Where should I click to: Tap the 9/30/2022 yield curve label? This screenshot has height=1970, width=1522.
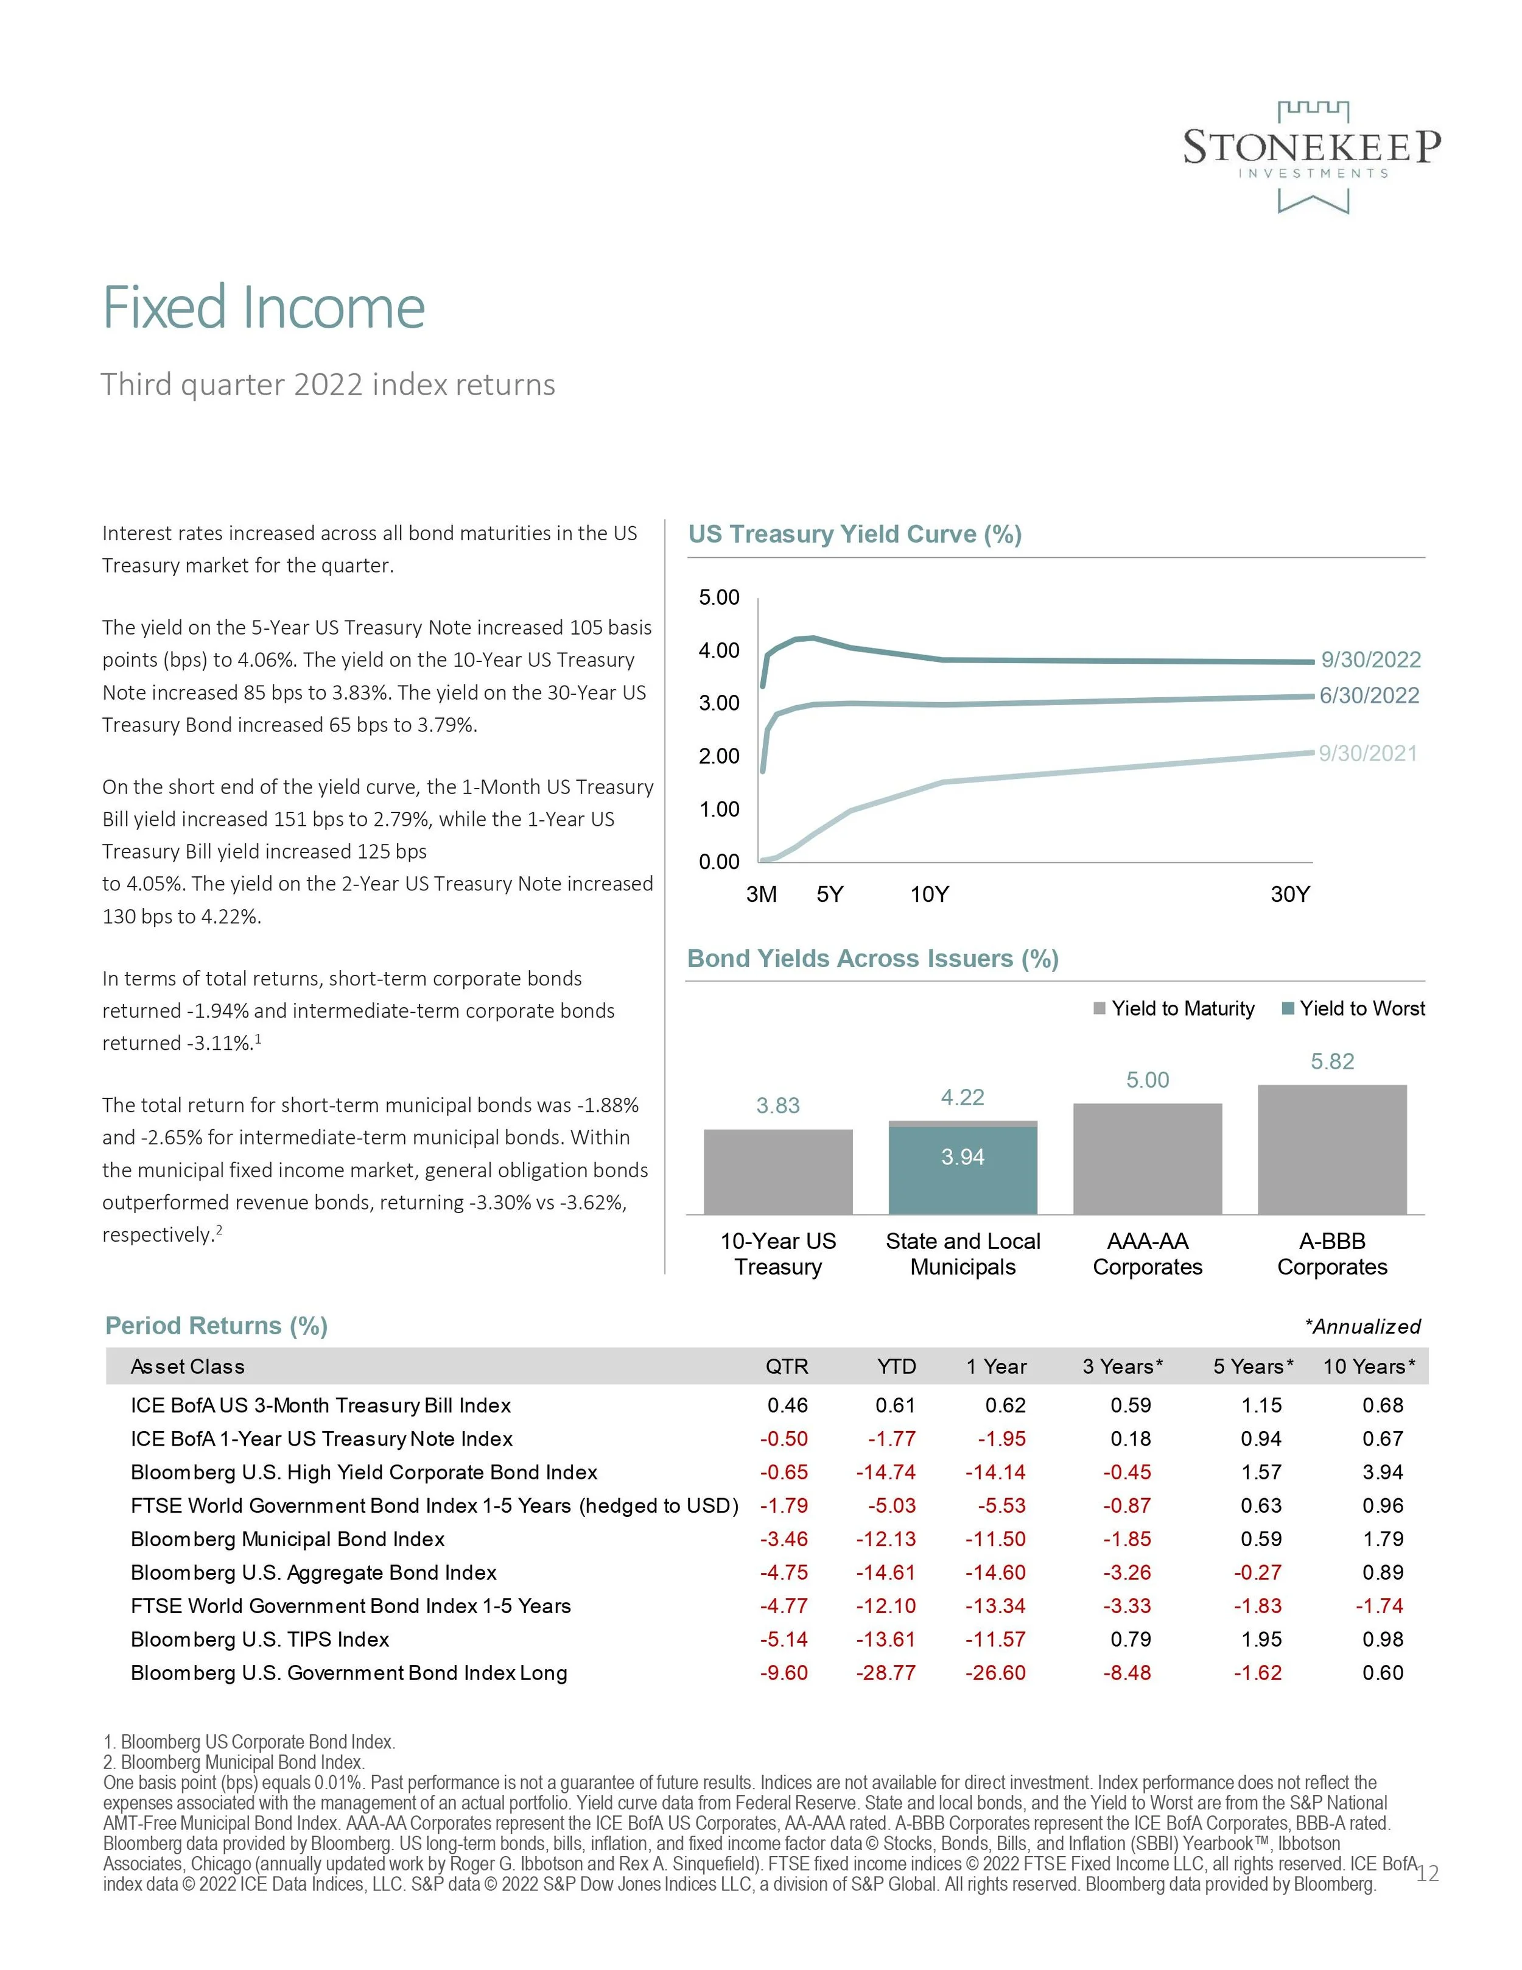point(1370,660)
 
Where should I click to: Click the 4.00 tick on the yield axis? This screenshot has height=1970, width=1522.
point(718,650)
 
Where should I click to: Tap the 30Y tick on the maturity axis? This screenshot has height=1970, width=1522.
point(1289,894)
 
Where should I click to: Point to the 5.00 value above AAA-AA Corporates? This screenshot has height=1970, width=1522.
point(1147,1080)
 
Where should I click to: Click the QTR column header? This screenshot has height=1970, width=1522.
point(786,1367)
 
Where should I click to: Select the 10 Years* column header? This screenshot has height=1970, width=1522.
point(1369,1367)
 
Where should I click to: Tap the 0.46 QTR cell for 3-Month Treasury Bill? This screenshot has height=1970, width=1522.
point(787,1405)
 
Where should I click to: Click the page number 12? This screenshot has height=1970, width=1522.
point(1427,1874)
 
